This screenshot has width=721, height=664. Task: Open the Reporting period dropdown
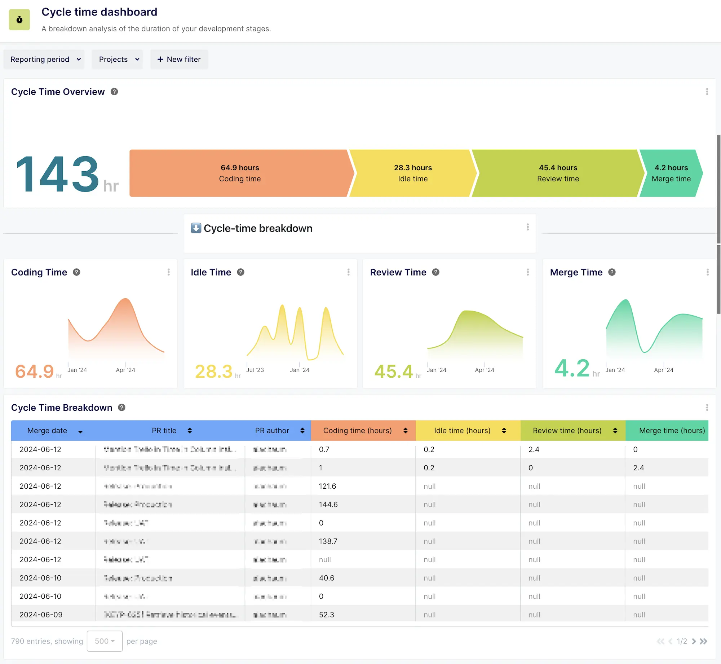44,59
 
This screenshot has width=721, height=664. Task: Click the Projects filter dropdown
118,59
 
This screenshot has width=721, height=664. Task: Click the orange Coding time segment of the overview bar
240,173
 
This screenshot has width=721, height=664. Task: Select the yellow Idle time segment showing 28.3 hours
412,173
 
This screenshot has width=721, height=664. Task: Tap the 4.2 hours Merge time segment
671,173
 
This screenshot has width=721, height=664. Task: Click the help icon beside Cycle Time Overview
114,92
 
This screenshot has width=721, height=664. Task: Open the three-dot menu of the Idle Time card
348,272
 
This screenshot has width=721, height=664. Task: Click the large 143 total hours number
58,174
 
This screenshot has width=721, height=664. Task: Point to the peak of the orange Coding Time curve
125,299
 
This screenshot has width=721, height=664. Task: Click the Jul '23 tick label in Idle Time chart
255,370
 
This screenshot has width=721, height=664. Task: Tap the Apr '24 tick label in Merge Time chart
663,370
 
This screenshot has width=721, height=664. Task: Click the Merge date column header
47,431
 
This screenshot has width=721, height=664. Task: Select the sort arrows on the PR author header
302,431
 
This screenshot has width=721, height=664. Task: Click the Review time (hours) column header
567,431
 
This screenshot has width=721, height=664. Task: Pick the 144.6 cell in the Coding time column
328,505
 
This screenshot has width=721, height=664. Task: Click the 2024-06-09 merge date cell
41,615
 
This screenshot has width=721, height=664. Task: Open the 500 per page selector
105,641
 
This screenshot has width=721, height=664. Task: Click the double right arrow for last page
703,641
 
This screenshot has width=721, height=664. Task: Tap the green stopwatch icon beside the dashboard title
19,20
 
